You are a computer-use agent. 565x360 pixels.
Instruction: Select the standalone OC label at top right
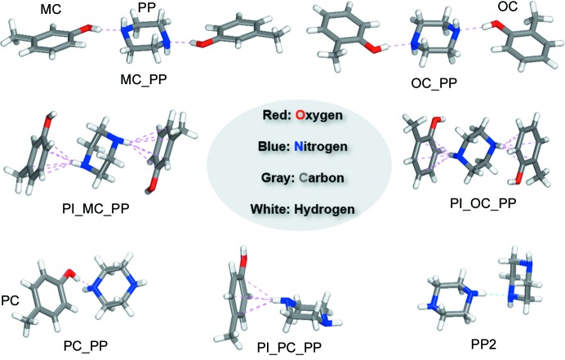click(x=507, y=7)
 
